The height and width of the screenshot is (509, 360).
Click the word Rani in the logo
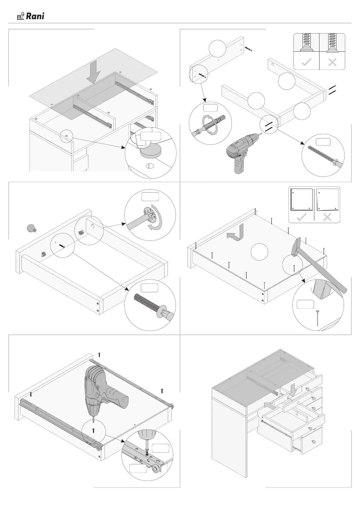35,16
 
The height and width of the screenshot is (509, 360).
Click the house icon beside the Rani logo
21,16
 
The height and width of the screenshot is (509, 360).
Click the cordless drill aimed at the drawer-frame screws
242,153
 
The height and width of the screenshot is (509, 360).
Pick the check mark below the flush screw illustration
307,63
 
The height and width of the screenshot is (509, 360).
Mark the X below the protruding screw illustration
332,63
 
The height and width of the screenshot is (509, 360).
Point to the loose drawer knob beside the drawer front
31,229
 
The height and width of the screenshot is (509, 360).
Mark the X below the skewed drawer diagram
327,217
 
